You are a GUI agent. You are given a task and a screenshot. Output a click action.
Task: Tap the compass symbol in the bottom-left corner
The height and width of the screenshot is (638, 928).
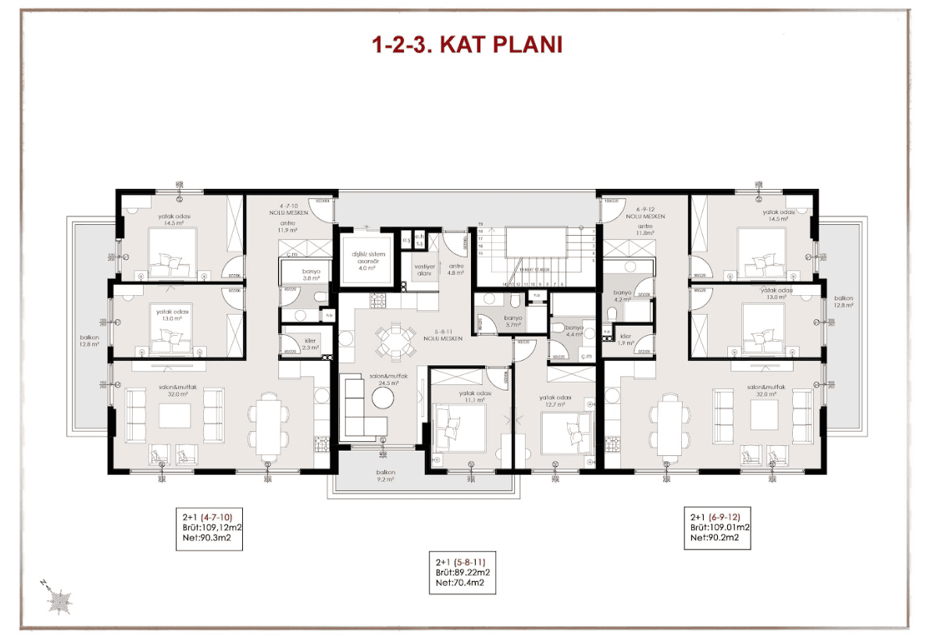point(59,599)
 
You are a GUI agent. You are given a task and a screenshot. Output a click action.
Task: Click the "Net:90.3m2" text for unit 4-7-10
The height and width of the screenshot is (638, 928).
point(205,538)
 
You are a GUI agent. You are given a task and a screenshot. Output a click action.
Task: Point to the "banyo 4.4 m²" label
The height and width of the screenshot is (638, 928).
point(573,331)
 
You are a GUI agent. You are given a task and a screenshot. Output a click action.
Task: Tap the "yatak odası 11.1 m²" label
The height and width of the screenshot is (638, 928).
point(473,396)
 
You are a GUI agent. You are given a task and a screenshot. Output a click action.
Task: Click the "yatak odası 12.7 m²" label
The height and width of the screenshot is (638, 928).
point(555,401)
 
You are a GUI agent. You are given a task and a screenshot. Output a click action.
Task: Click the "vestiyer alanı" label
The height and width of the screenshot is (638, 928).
point(423,268)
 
